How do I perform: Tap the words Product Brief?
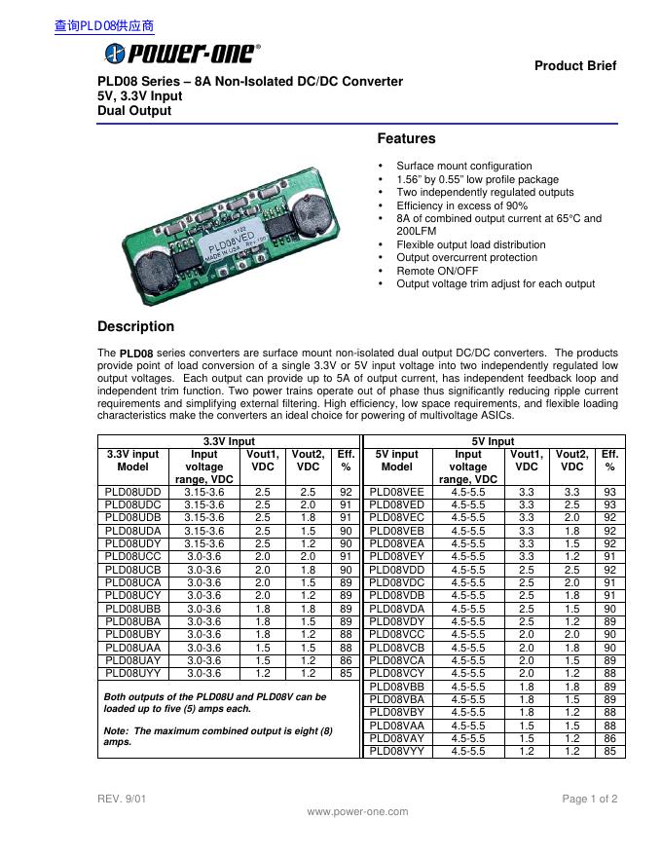click(575, 66)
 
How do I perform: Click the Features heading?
click(406, 139)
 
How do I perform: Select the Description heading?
click(136, 326)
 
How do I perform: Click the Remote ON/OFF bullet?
click(437, 271)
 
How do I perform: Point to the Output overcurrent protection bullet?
click(466, 257)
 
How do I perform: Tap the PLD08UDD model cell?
click(132, 493)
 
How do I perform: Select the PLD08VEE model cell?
click(397, 493)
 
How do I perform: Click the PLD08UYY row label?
click(132, 672)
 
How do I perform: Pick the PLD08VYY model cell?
click(397, 751)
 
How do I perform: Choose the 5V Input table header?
click(493, 441)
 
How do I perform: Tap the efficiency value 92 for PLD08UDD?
click(346, 493)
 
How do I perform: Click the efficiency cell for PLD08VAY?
click(609, 738)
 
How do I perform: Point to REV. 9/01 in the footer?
click(122, 799)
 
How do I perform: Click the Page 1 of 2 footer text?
click(589, 799)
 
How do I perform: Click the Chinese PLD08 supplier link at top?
click(104, 26)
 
